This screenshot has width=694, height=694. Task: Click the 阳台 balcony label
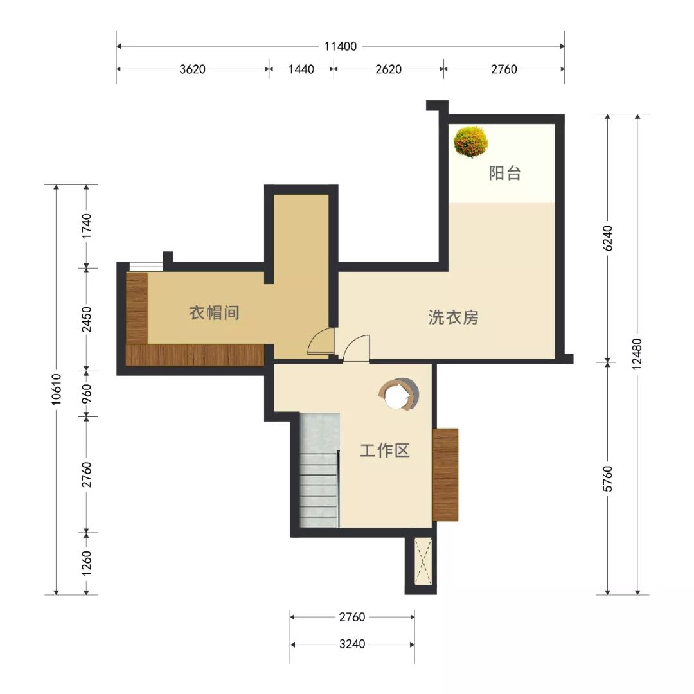[504, 173]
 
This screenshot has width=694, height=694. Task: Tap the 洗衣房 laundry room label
[453, 317]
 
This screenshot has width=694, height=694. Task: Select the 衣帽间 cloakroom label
[214, 313]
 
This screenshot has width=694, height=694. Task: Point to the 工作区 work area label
[384, 450]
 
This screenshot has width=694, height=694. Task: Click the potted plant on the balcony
[470, 141]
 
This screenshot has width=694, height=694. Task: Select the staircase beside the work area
[319, 470]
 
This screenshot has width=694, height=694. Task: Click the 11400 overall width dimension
[341, 46]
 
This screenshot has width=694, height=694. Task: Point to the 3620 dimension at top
[193, 69]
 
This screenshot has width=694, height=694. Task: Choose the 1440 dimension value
[301, 69]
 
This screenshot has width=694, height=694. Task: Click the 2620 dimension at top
[389, 69]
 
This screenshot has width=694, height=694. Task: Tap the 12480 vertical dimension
[637, 354]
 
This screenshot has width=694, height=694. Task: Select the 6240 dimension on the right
[608, 238]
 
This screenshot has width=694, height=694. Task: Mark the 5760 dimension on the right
[608, 479]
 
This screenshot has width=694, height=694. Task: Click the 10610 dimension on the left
[56, 389]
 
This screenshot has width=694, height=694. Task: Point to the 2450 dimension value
[86, 319]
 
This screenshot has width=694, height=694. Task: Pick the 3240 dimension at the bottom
[352, 644]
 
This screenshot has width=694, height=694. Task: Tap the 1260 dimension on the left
[86, 563]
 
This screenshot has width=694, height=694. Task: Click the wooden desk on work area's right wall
[445, 474]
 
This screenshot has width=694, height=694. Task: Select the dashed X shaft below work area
[423, 561]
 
